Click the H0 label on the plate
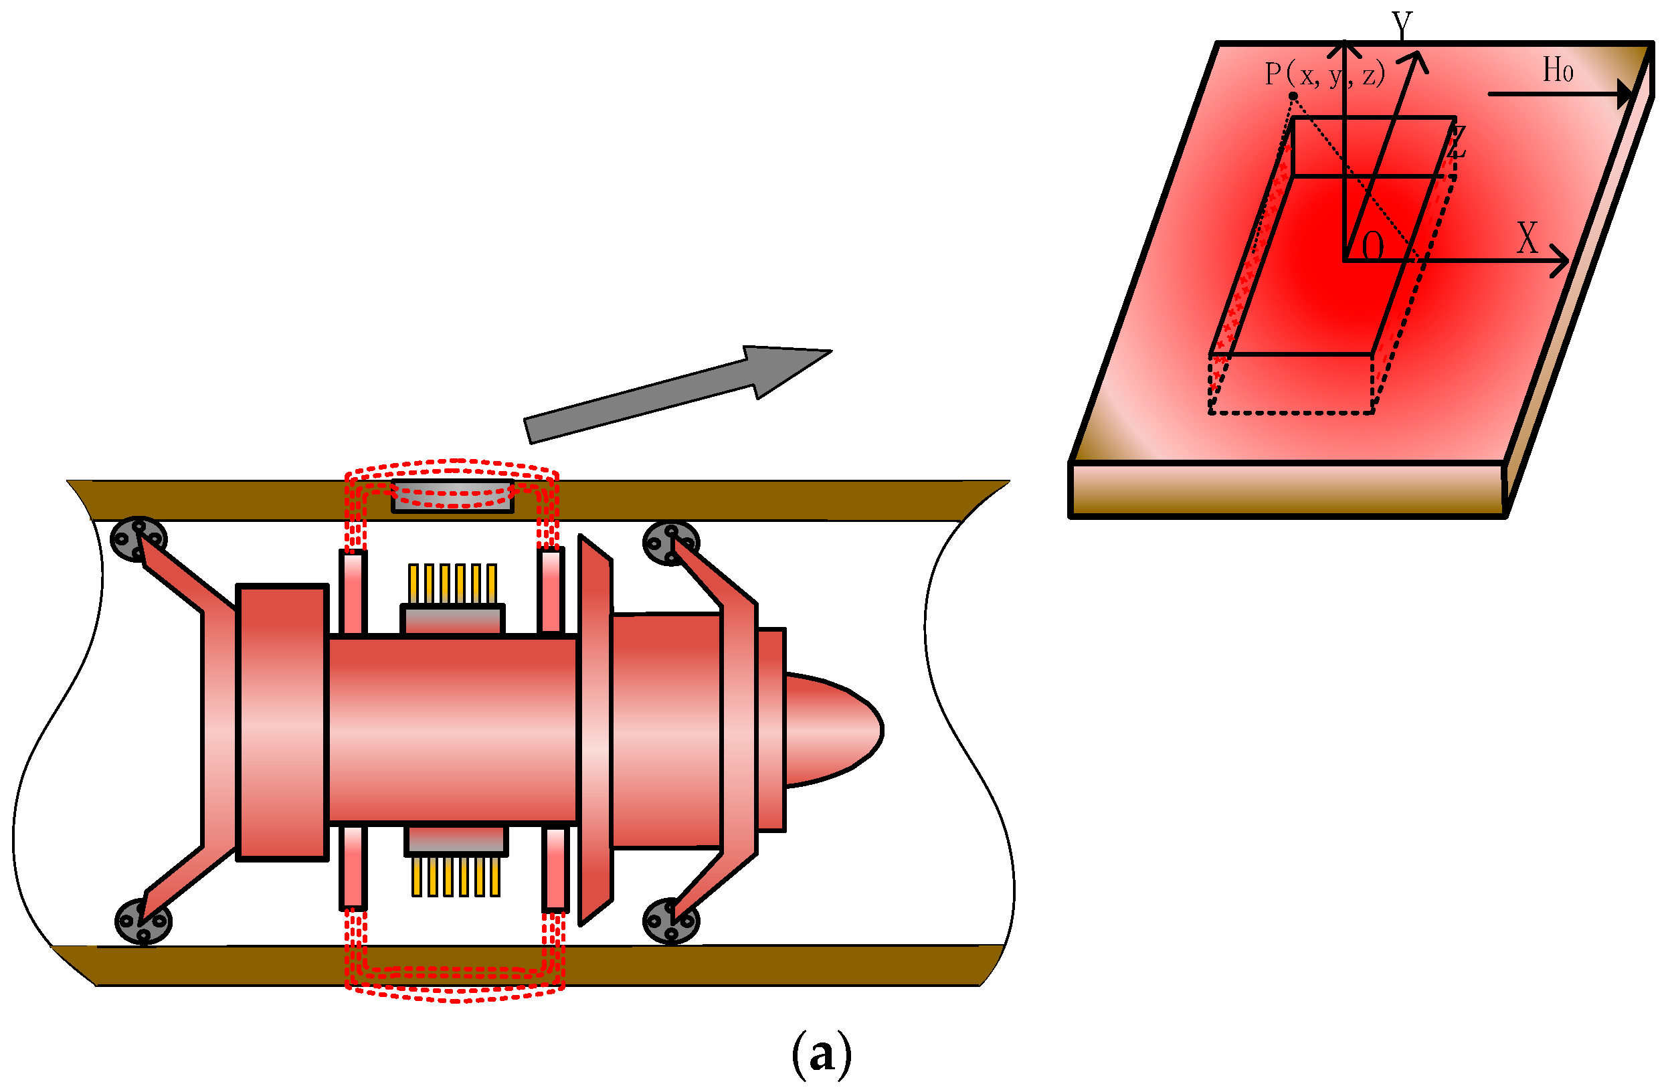pos(1558,70)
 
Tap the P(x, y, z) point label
pos(1324,74)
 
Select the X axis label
pos(1528,239)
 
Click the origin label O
pos(1373,246)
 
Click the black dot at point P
pos(1293,96)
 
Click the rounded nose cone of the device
pos(833,730)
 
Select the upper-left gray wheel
pos(138,540)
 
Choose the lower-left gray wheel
pos(143,921)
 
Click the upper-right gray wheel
pos(670,543)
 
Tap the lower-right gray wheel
pos(670,921)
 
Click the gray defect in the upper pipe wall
pos(452,497)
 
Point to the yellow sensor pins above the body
pos(452,583)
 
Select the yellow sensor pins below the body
pos(456,877)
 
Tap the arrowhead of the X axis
pos(1560,261)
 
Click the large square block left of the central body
pos(282,722)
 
